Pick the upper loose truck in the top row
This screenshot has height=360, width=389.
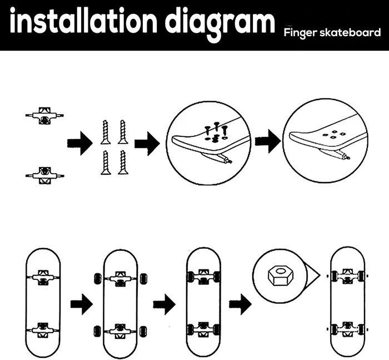pyautogui.click(x=44, y=115)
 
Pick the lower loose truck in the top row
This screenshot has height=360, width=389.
pyautogui.click(x=44, y=175)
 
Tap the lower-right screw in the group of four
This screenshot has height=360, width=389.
pyautogui.click(x=122, y=162)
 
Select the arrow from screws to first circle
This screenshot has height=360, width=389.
pyautogui.click(x=147, y=145)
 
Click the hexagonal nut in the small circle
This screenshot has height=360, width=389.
pyautogui.click(x=277, y=274)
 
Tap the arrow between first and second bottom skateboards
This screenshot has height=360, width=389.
pyautogui.click(x=81, y=304)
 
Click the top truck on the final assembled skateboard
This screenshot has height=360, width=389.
pyautogui.click(x=347, y=275)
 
